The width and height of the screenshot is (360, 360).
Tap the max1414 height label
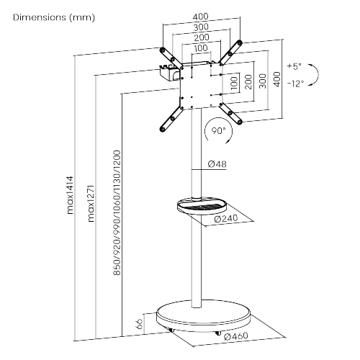[72, 196]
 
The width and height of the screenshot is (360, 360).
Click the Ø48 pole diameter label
[217, 165]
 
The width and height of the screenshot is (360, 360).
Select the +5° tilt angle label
[293, 66]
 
